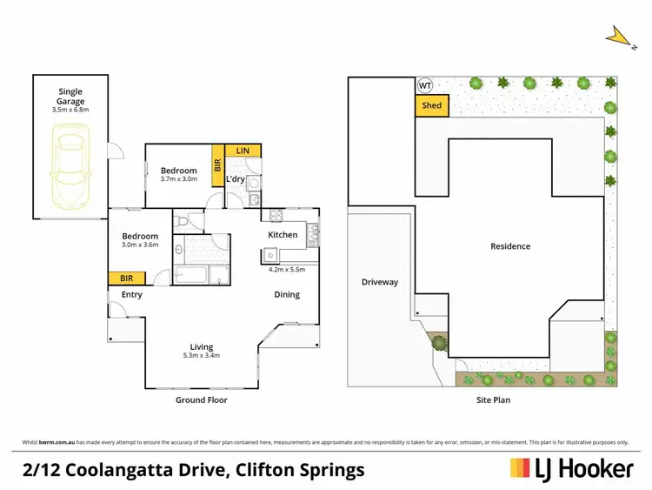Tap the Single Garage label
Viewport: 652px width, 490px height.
pyautogui.click(x=70, y=96)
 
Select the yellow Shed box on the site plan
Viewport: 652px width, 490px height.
pyautogui.click(x=431, y=105)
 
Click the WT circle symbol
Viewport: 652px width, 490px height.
pyautogui.click(x=425, y=85)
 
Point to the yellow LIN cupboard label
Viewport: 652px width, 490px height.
pyautogui.click(x=243, y=151)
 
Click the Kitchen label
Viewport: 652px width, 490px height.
pyautogui.click(x=283, y=235)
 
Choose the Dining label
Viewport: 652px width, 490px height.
pyautogui.click(x=287, y=294)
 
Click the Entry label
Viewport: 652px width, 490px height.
pyautogui.click(x=132, y=294)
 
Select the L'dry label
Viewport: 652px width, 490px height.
pyautogui.click(x=236, y=179)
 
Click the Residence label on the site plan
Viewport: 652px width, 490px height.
pyautogui.click(x=509, y=246)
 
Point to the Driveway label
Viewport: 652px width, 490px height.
pyautogui.click(x=380, y=282)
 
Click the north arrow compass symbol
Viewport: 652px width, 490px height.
pyautogui.click(x=619, y=36)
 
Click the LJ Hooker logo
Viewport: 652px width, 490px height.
pyautogui.click(x=570, y=469)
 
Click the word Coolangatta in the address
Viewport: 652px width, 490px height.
pyautogui.click(x=119, y=470)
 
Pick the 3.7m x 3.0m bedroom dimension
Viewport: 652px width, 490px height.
pyautogui.click(x=179, y=178)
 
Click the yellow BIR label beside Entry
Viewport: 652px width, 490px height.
pyautogui.click(x=127, y=278)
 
